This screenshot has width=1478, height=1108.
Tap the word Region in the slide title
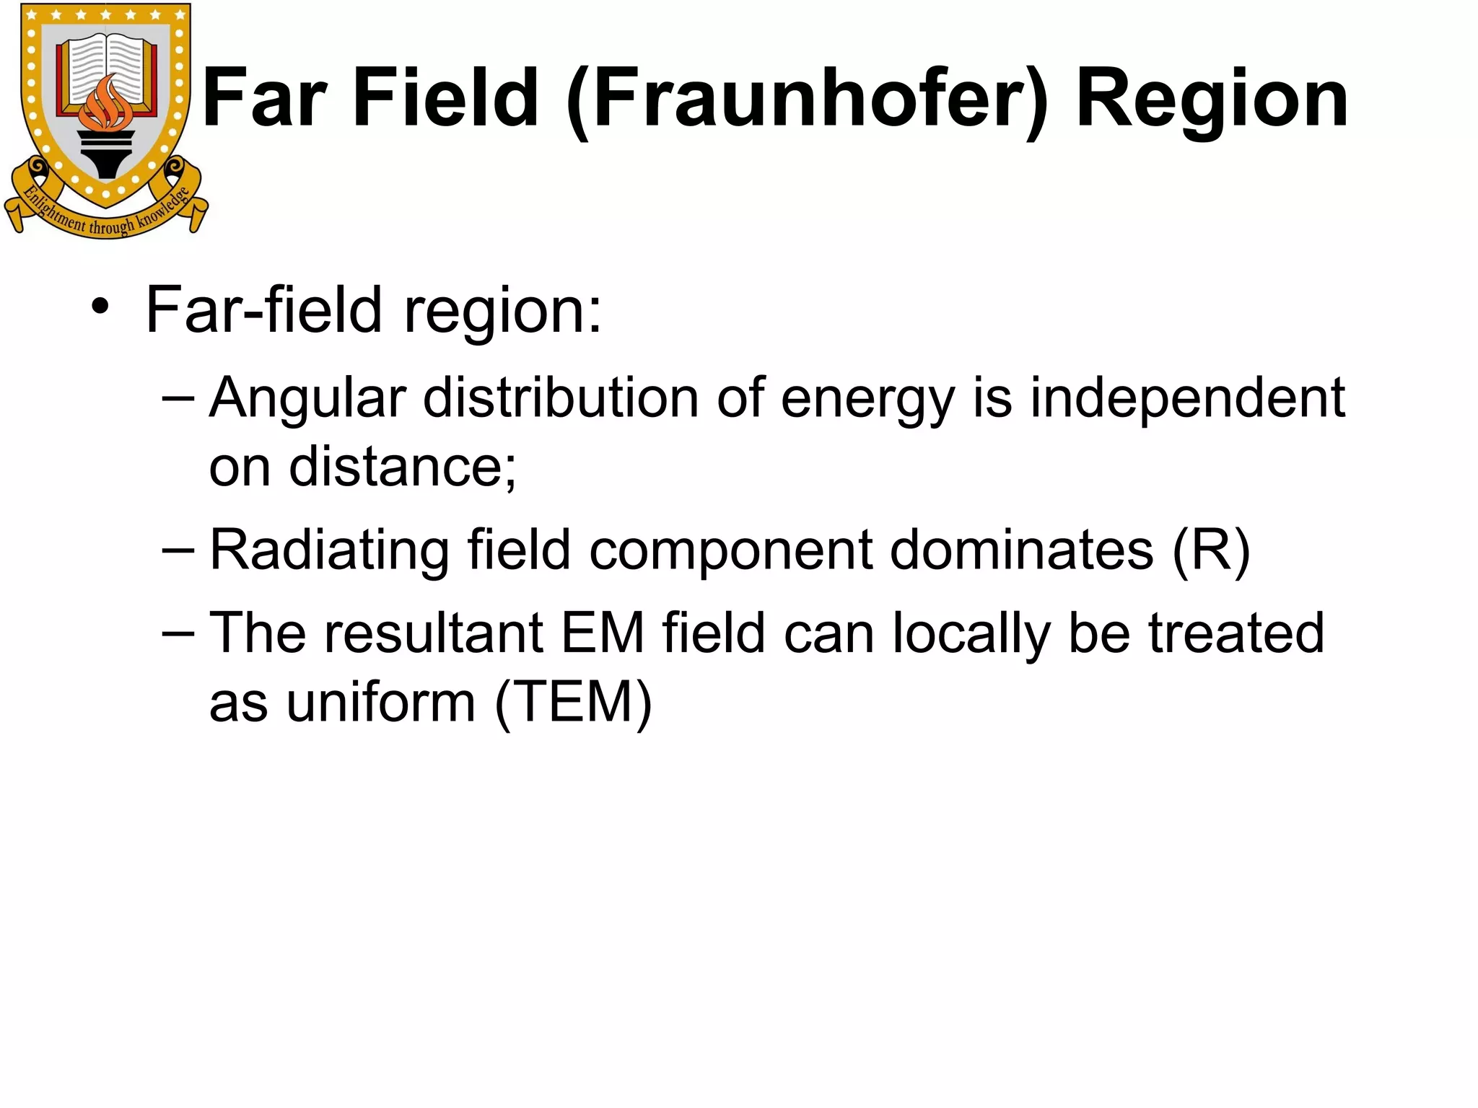[1212, 99]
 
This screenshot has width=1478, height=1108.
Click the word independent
[1187, 398]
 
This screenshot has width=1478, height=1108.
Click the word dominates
[1022, 551]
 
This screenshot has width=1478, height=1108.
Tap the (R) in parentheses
[1211, 551]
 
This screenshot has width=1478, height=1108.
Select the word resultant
[432, 633]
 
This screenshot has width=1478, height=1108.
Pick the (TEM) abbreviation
[574, 703]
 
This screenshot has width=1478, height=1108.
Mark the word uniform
[380, 703]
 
